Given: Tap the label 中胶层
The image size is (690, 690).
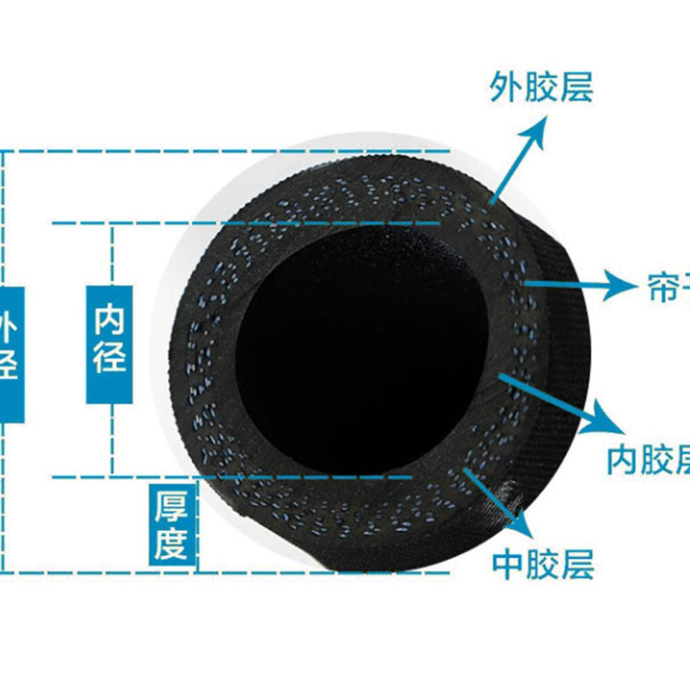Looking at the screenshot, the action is point(543,565).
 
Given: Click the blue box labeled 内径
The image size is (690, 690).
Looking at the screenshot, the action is point(110,344).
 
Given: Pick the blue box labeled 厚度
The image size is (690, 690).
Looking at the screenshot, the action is point(172,524).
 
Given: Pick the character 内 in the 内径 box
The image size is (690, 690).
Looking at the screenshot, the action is point(110,321).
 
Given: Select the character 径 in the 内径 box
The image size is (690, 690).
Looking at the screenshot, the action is point(110,357).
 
